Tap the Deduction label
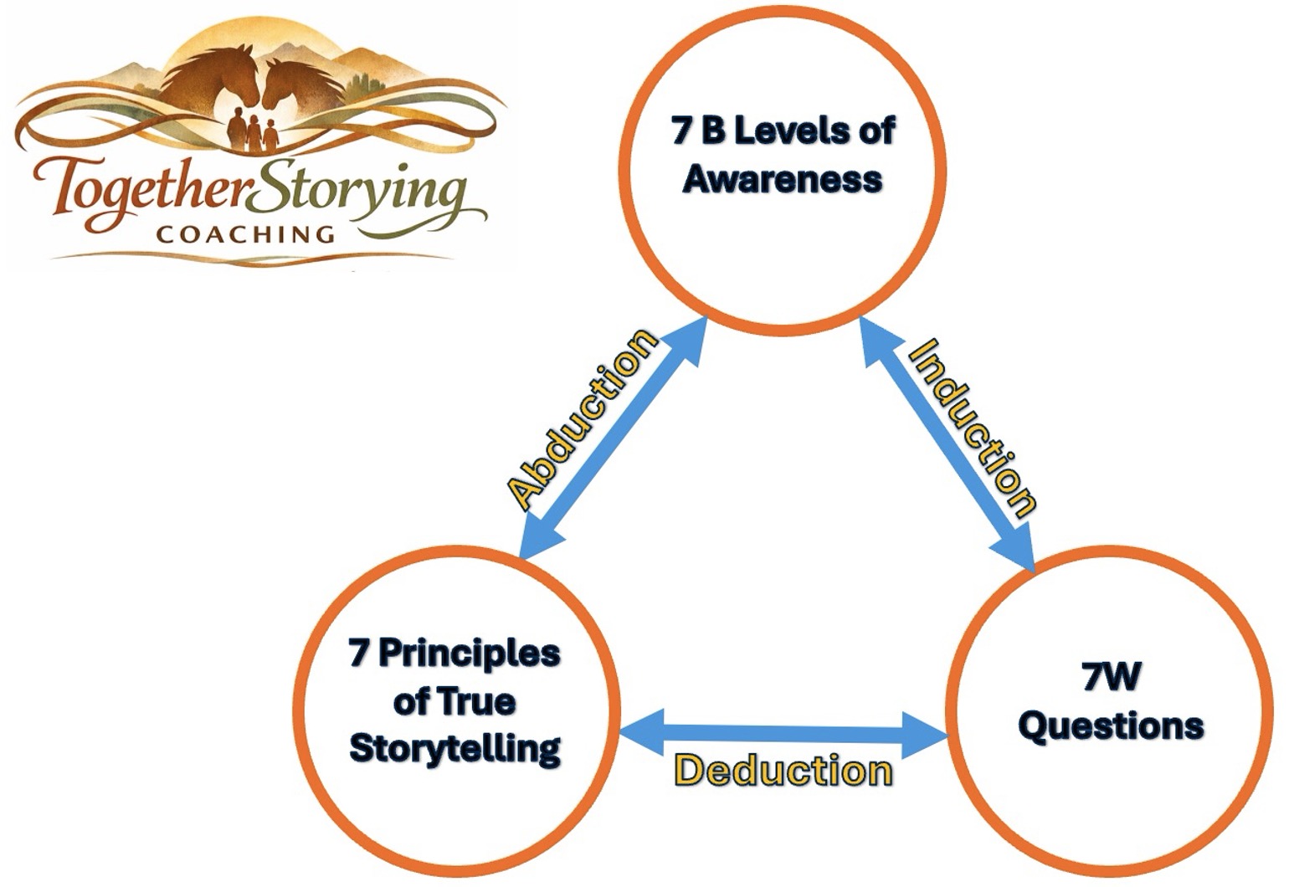pos(783,771)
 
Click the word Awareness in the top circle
pos(783,179)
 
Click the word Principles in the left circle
pos(469,654)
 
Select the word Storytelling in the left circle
pos(454,747)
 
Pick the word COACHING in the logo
pos(246,233)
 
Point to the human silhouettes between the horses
pos(254,130)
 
